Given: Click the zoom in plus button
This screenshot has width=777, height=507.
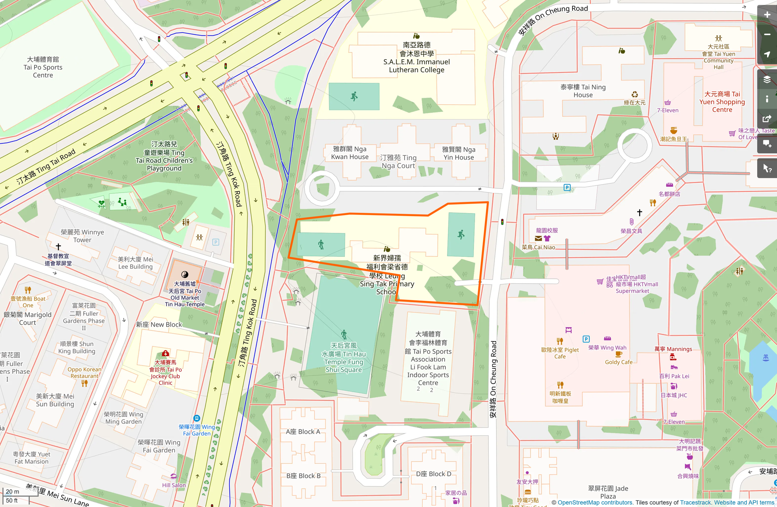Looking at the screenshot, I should [767, 15].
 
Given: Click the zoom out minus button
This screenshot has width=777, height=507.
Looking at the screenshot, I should [767, 35].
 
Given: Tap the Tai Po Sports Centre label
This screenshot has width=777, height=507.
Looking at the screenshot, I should [43, 67].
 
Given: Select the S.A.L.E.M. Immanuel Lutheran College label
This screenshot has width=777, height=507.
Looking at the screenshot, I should [417, 57].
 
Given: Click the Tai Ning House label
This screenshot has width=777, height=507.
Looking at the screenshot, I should [583, 91].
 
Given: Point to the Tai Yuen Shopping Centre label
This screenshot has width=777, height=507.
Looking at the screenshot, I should [722, 102].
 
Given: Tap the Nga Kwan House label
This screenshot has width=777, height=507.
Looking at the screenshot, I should [350, 153].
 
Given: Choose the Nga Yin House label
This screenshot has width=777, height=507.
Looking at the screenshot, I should [459, 153].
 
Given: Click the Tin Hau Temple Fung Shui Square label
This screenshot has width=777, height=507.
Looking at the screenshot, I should [344, 358].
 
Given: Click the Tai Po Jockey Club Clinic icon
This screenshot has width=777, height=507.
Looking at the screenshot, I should [165, 354].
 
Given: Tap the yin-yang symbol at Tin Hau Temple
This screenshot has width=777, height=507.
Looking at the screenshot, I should [185, 275].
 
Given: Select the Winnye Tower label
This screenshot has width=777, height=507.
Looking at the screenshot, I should [82, 236].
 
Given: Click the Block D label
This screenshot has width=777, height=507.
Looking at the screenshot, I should [433, 474].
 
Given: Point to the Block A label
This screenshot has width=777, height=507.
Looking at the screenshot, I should [303, 432].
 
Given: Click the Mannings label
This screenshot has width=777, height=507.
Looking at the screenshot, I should [673, 349].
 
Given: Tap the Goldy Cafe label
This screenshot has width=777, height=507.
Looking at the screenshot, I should [619, 362].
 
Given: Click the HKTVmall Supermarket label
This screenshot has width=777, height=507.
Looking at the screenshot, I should [632, 284].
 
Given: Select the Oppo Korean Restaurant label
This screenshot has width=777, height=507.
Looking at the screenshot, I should [85, 373].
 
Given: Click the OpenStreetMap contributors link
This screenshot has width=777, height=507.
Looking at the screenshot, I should [595, 502].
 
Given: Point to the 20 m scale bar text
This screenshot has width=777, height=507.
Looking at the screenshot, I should [12, 492].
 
